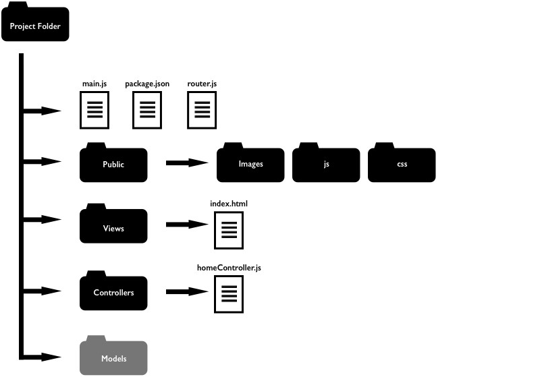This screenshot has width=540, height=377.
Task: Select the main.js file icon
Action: pos(94,109)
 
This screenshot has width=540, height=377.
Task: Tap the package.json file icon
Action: pos(147,109)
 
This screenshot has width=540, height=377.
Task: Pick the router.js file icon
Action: pos(201,109)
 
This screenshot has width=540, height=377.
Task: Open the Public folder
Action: pos(113,164)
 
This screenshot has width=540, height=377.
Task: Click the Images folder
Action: pos(250,164)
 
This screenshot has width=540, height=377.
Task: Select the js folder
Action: pos(326,164)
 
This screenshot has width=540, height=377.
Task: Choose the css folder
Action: pos(402,164)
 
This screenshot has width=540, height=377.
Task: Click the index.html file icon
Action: pos(229,230)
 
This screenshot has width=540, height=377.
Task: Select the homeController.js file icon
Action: pos(229,295)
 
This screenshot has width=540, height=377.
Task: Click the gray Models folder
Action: pos(113,358)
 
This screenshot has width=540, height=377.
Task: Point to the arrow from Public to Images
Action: pos(186,163)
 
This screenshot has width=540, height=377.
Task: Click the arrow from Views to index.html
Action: pos(186,225)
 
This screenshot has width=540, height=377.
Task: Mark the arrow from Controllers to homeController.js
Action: pos(186,292)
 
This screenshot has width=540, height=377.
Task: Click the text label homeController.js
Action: pos(229,268)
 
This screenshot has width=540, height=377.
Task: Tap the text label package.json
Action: pos(147,84)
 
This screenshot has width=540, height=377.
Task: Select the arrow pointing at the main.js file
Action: pos(44,111)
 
